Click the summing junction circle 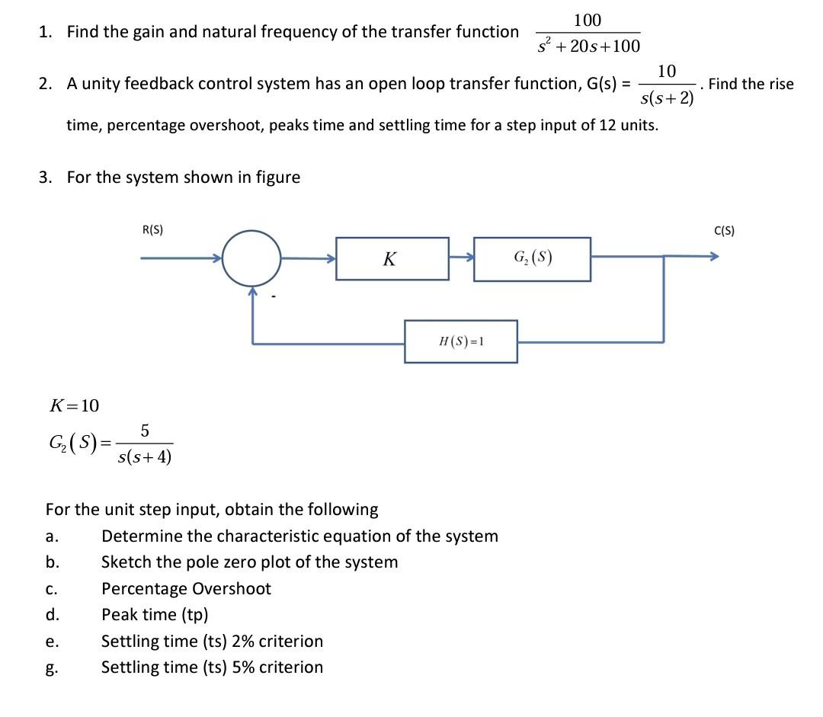coord(252,258)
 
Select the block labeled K coord(392,259)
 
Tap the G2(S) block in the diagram coord(532,259)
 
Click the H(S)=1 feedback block coord(461,341)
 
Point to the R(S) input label coord(152,229)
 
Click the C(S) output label coord(724,230)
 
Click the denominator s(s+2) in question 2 coord(667,98)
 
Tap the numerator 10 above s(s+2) coord(666,72)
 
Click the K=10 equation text coord(74,405)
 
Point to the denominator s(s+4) coord(145,457)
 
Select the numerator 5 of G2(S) coord(145,431)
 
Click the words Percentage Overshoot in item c coord(186,588)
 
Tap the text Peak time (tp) coord(155,614)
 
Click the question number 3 coord(46,178)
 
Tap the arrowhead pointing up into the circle coord(252,292)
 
